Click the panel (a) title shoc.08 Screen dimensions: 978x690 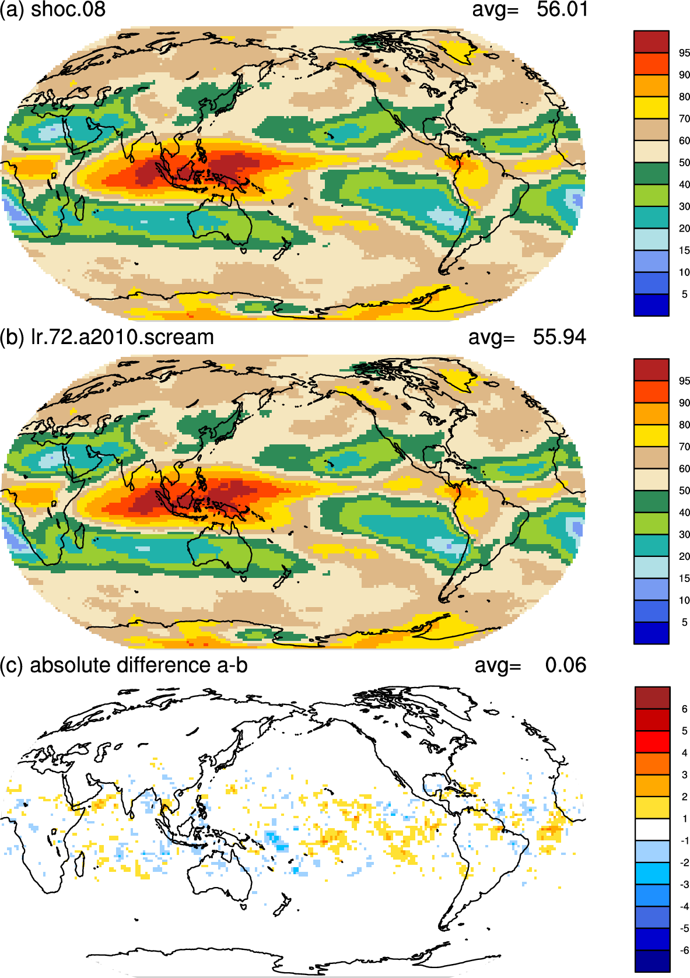(68, 10)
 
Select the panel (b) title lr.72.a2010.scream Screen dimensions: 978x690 (122, 338)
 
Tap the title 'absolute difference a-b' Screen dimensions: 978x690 (138, 665)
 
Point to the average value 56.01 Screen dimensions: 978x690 (562, 10)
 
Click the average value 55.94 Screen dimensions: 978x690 (559, 338)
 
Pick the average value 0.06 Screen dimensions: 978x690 (565, 665)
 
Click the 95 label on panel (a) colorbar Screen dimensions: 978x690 (684, 53)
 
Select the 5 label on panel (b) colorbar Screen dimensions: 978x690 (684, 622)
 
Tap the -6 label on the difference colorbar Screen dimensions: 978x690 (684, 950)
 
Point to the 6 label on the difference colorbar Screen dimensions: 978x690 (684, 709)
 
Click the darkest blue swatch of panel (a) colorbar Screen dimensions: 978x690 (651, 305)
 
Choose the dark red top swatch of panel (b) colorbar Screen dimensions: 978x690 (651, 370)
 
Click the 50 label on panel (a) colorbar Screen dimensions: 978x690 (684, 163)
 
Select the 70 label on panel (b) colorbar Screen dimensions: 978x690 (684, 447)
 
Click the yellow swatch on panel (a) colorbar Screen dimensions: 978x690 (651, 107)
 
